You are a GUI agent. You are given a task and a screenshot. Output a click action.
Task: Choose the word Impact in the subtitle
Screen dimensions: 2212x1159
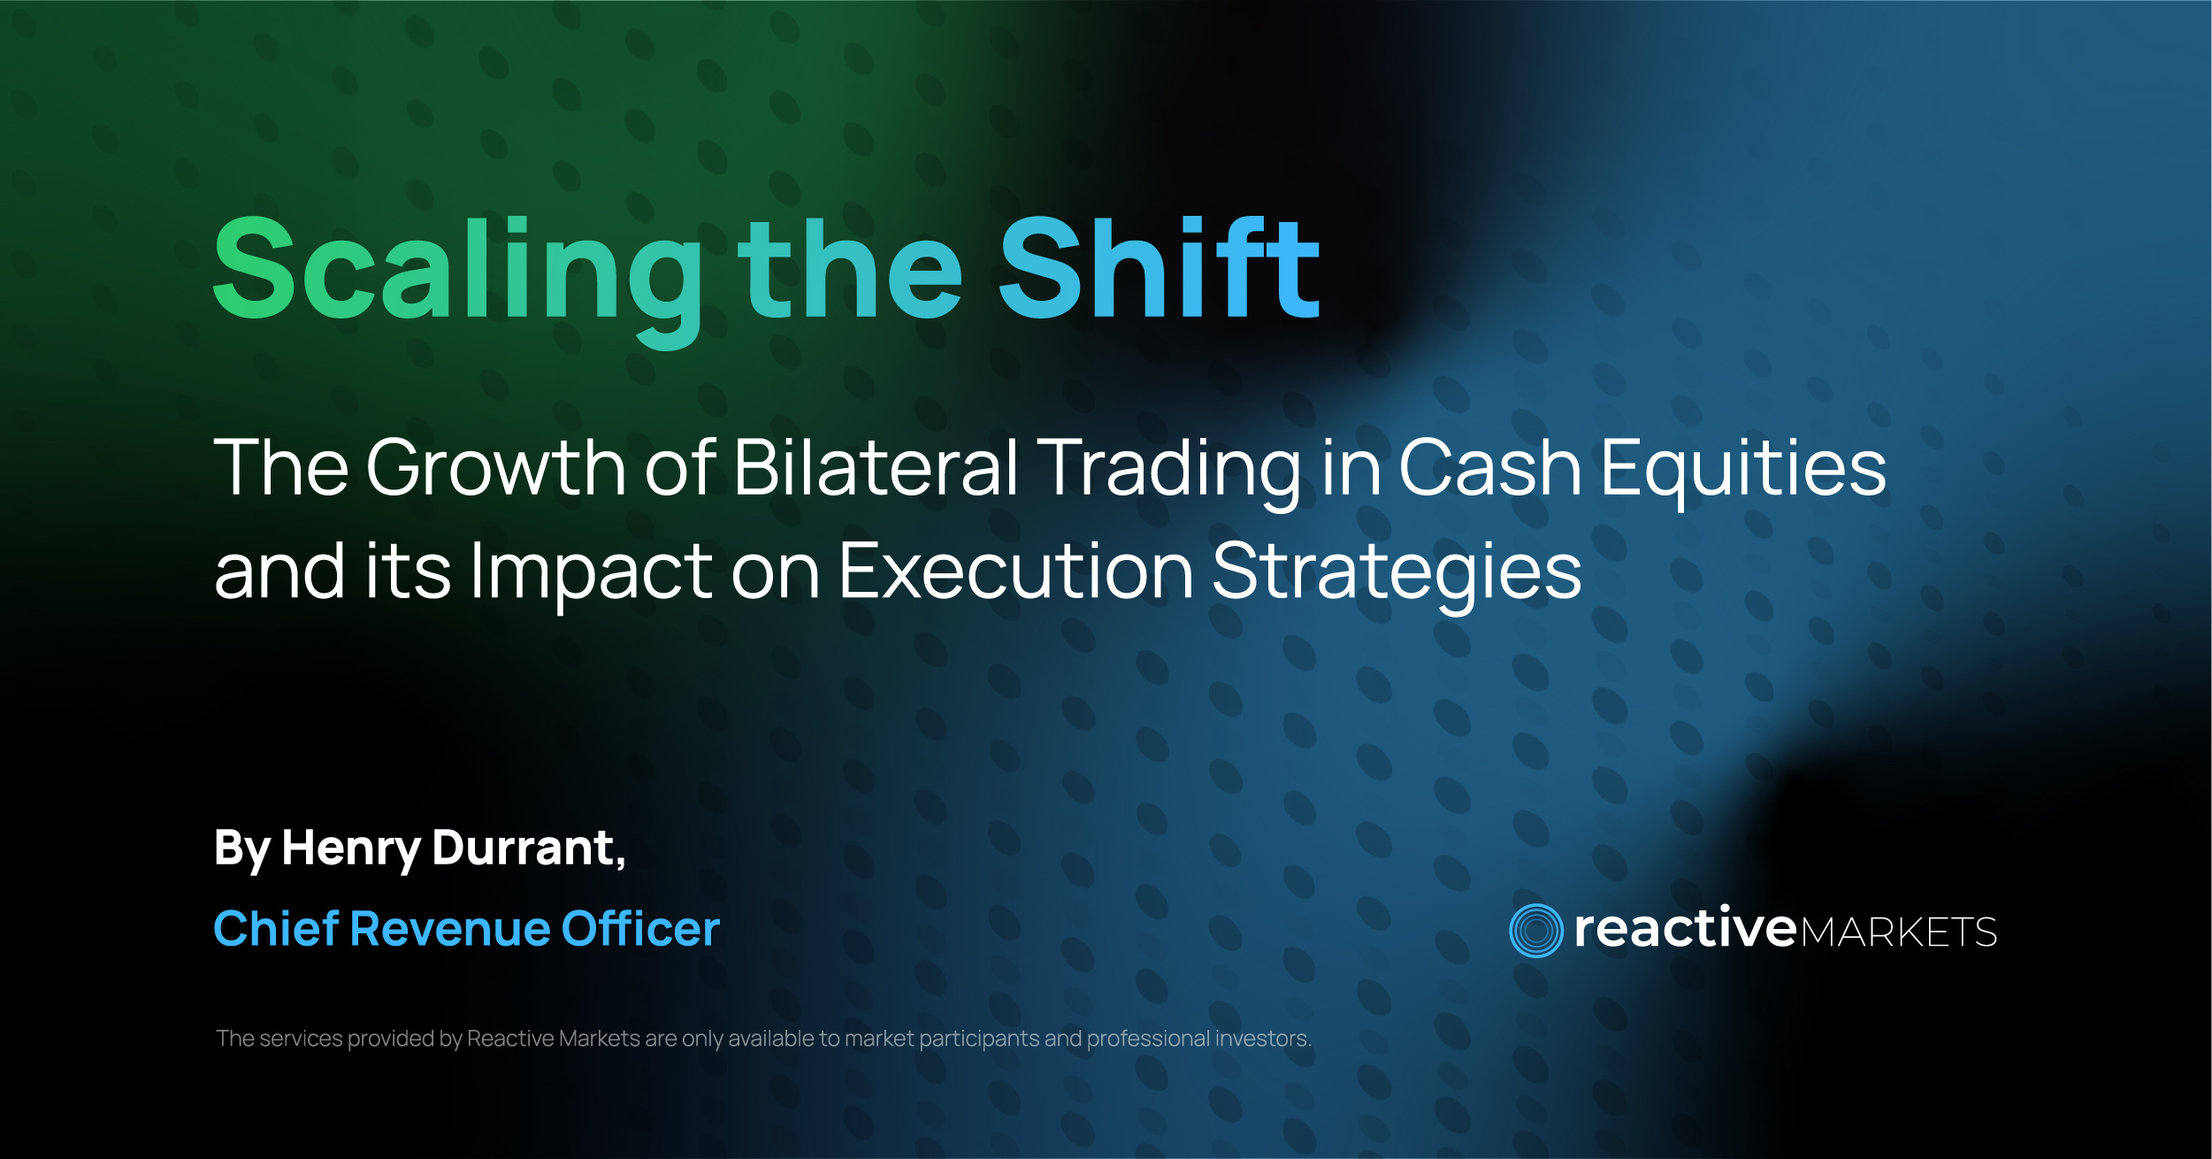tap(592, 575)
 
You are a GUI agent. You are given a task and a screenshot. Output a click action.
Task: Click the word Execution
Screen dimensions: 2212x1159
tap(1016, 571)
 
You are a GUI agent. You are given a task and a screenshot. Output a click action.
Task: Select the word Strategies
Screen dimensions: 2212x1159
tap(1397, 575)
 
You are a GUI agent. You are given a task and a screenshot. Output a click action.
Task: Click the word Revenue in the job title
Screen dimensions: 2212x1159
tap(451, 929)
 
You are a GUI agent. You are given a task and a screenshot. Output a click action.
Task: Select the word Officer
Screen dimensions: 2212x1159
tap(641, 928)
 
